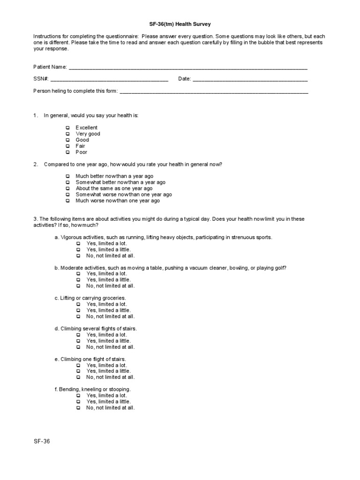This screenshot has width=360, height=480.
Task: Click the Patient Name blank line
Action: pos(188,67)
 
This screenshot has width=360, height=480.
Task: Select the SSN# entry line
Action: pos(109,79)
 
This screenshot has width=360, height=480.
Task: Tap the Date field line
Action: pos(250,79)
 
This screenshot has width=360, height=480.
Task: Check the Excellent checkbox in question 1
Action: pos(68,127)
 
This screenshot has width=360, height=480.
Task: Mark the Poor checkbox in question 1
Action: pos(68,152)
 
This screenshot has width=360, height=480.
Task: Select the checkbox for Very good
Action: pos(68,134)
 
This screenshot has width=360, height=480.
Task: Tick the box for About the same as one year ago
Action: pos(68,188)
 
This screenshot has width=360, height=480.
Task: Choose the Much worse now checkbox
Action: pos(68,201)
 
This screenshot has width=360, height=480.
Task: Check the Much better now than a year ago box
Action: pos(68,176)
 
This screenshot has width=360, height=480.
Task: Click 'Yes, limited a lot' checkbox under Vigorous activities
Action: pos(78,243)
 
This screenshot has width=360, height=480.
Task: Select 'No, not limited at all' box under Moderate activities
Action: pos(78,285)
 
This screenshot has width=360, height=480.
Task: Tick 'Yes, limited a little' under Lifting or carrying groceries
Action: pos(78,310)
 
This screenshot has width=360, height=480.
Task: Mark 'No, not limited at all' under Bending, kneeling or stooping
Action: pos(78,408)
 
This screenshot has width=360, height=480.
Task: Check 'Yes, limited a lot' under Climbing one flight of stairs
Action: pos(78,365)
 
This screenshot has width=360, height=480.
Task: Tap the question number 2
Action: pos(35,164)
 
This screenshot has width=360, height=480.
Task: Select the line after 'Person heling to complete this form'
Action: pos(214,91)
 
